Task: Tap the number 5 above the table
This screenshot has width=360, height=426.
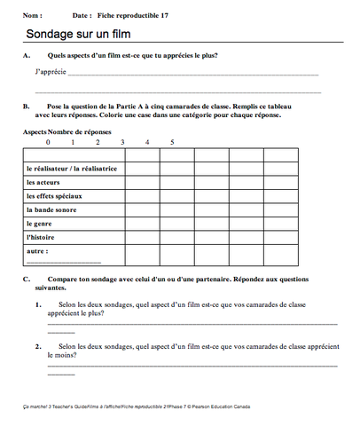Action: coord(172,141)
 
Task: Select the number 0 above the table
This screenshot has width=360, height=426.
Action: coord(48,141)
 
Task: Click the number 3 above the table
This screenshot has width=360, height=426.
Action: coord(122,141)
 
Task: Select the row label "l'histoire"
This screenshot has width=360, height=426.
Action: coord(41,237)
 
